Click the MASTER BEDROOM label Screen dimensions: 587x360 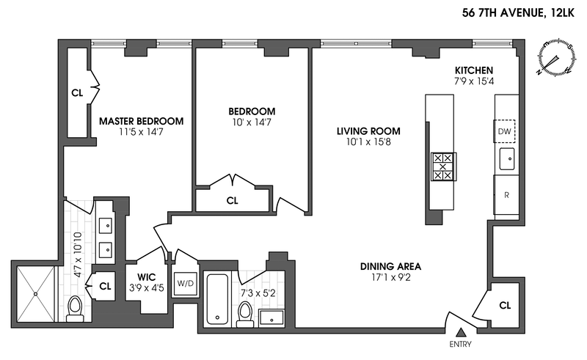[142, 121]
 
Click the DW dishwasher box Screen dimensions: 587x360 [504, 132]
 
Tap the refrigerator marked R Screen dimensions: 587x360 [506, 195]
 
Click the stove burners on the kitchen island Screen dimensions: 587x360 [442, 166]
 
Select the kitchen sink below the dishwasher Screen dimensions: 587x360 [506, 158]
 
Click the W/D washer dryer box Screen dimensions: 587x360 [183, 282]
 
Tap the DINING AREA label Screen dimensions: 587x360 [390, 266]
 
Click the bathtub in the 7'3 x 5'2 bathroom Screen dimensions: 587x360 [218, 299]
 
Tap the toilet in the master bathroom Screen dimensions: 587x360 [75, 309]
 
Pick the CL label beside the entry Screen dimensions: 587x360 [504, 304]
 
